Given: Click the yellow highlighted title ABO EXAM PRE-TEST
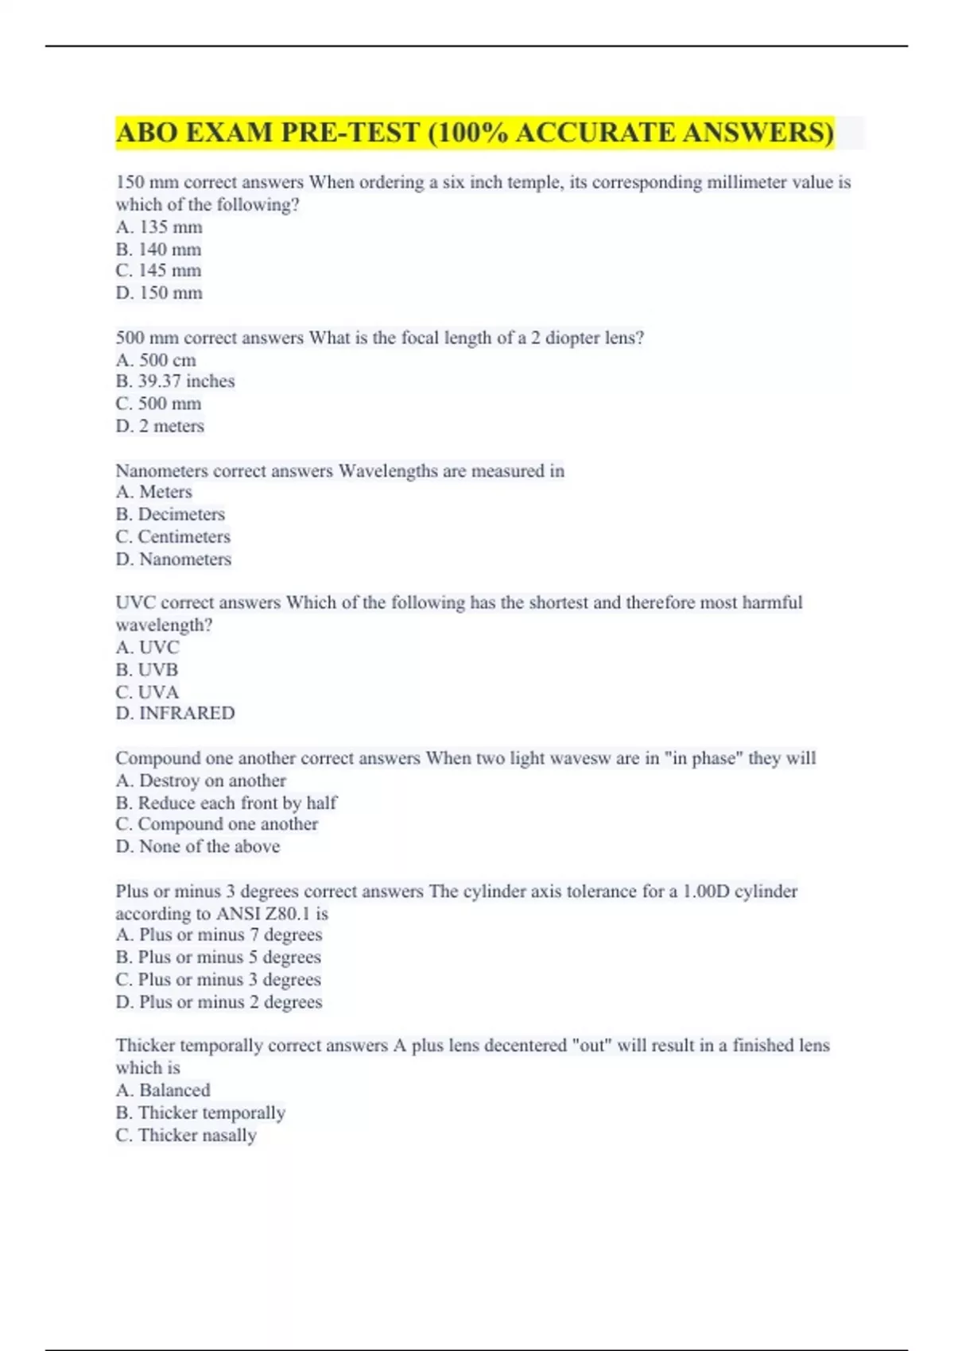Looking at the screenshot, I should pos(475,132).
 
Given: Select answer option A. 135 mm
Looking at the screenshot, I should pos(159,227).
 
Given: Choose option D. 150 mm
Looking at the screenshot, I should pos(159,293).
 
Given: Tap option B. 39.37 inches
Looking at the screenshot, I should pos(175,381).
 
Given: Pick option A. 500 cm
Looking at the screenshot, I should pos(156,360).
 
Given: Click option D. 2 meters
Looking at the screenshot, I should pos(160,426).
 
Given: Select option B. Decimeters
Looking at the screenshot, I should pos(170,514).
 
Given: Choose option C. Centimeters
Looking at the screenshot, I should pos(173,536).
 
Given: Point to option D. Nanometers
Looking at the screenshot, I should pos(173,559).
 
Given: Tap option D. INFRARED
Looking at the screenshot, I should pos(175,713).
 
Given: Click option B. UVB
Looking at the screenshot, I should pos(147,669).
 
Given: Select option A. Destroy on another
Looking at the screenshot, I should pos(200,780).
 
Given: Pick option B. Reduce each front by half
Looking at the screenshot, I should pos(226,803).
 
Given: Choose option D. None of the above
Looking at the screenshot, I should pos(198,846).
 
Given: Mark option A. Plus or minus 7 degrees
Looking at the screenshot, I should pos(219,935).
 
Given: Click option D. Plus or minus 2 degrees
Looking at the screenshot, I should pos(219,1001).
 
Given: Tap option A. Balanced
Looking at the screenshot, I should pos(163,1090).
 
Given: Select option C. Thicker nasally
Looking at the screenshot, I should pos(186,1135).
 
